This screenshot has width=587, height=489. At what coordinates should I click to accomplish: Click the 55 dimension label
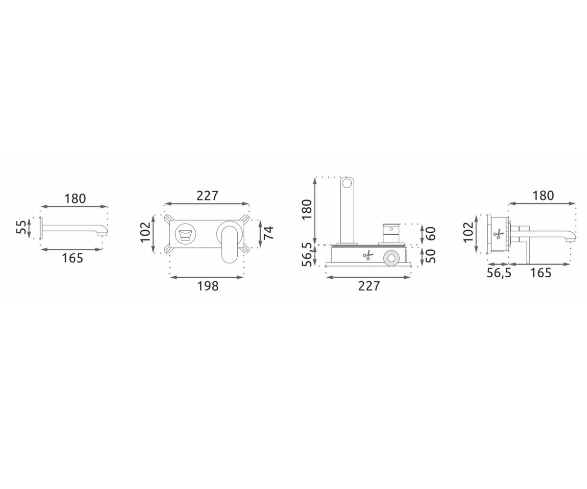21,227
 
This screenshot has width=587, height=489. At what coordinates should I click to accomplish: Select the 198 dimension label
207,286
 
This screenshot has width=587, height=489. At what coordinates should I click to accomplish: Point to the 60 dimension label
430,233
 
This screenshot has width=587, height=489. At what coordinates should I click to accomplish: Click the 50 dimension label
430,256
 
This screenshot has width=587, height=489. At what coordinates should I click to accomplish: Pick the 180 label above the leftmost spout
75,199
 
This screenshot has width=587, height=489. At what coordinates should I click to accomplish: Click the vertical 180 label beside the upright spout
307,210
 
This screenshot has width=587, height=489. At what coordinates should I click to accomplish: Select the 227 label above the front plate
207,196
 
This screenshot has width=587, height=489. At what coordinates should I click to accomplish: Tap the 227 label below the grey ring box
369,286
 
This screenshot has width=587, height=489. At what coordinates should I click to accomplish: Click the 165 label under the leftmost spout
72,258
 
